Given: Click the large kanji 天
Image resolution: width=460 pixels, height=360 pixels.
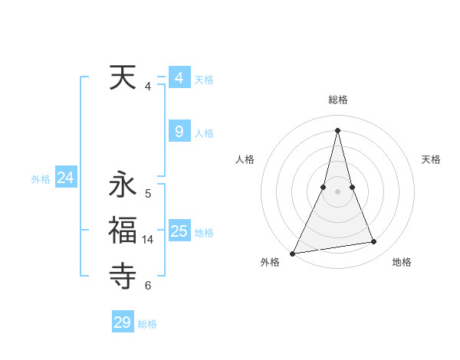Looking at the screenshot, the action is [x=123, y=77].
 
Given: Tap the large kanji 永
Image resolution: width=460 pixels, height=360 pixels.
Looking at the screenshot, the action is [x=123, y=185].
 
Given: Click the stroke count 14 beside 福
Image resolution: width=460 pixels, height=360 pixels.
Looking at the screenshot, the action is [x=148, y=240].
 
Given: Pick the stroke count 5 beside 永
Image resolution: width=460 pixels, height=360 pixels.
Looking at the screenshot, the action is [x=148, y=194].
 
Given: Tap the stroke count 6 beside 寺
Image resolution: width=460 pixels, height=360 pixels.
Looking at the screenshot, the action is [x=148, y=286].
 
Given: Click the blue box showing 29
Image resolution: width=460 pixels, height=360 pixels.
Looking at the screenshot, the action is [x=123, y=322].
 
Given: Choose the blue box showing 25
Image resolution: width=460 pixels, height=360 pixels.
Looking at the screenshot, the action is [x=179, y=231].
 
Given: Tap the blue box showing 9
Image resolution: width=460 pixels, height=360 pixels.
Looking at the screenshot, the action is [x=179, y=132].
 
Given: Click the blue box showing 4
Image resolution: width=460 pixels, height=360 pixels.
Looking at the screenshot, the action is [x=179, y=78].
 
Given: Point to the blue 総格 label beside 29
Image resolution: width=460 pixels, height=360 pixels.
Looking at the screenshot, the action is [x=147, y=324].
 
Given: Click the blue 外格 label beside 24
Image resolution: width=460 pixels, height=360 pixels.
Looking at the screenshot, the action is [x=41, y=179].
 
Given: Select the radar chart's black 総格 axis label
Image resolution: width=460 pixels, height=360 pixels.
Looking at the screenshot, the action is [x=338, y=100].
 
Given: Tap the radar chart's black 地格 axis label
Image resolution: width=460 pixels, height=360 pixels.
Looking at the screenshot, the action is [x=402, y=262].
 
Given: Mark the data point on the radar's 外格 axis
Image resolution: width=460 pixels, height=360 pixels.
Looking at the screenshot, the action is [x=293, y=253].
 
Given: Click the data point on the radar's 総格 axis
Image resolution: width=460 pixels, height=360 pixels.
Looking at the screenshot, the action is [x=338, y=130].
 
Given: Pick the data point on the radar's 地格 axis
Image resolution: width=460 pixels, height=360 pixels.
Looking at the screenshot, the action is [x=374, y=242].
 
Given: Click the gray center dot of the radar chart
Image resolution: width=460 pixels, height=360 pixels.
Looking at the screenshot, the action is [x=338, y=191].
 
